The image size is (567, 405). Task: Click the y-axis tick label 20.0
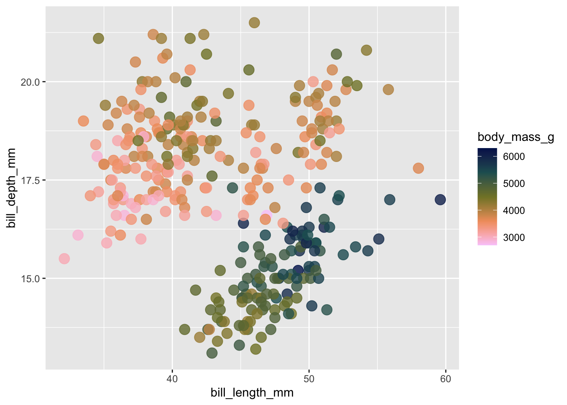click(30, 82)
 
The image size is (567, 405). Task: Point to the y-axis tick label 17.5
click(30, 180)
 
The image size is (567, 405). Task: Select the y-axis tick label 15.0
click(30, 278)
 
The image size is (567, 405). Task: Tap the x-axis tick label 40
click(172, 379)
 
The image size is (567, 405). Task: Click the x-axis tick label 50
click(309, 379)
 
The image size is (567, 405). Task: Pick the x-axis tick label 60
click(445, 379)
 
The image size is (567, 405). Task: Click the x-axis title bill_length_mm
click(252, 393)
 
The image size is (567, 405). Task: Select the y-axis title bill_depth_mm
click(11, 188)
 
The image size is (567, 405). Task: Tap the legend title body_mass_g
click(516, 137)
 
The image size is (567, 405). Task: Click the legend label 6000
click(514, 157)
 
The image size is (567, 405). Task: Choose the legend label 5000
click(514, 184)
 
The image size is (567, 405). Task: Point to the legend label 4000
click(514, 211)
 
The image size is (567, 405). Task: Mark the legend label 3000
click(514, 238)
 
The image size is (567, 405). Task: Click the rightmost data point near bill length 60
click(440, 200)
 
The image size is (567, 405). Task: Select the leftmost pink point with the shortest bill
click(64, 259)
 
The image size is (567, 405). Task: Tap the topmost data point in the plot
click(254, 23)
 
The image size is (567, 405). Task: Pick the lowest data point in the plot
click(212, 353)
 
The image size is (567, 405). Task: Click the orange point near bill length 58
click(418, 168)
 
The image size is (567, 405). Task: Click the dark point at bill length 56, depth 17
click(390, 200)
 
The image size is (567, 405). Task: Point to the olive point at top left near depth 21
click(98, 38)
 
